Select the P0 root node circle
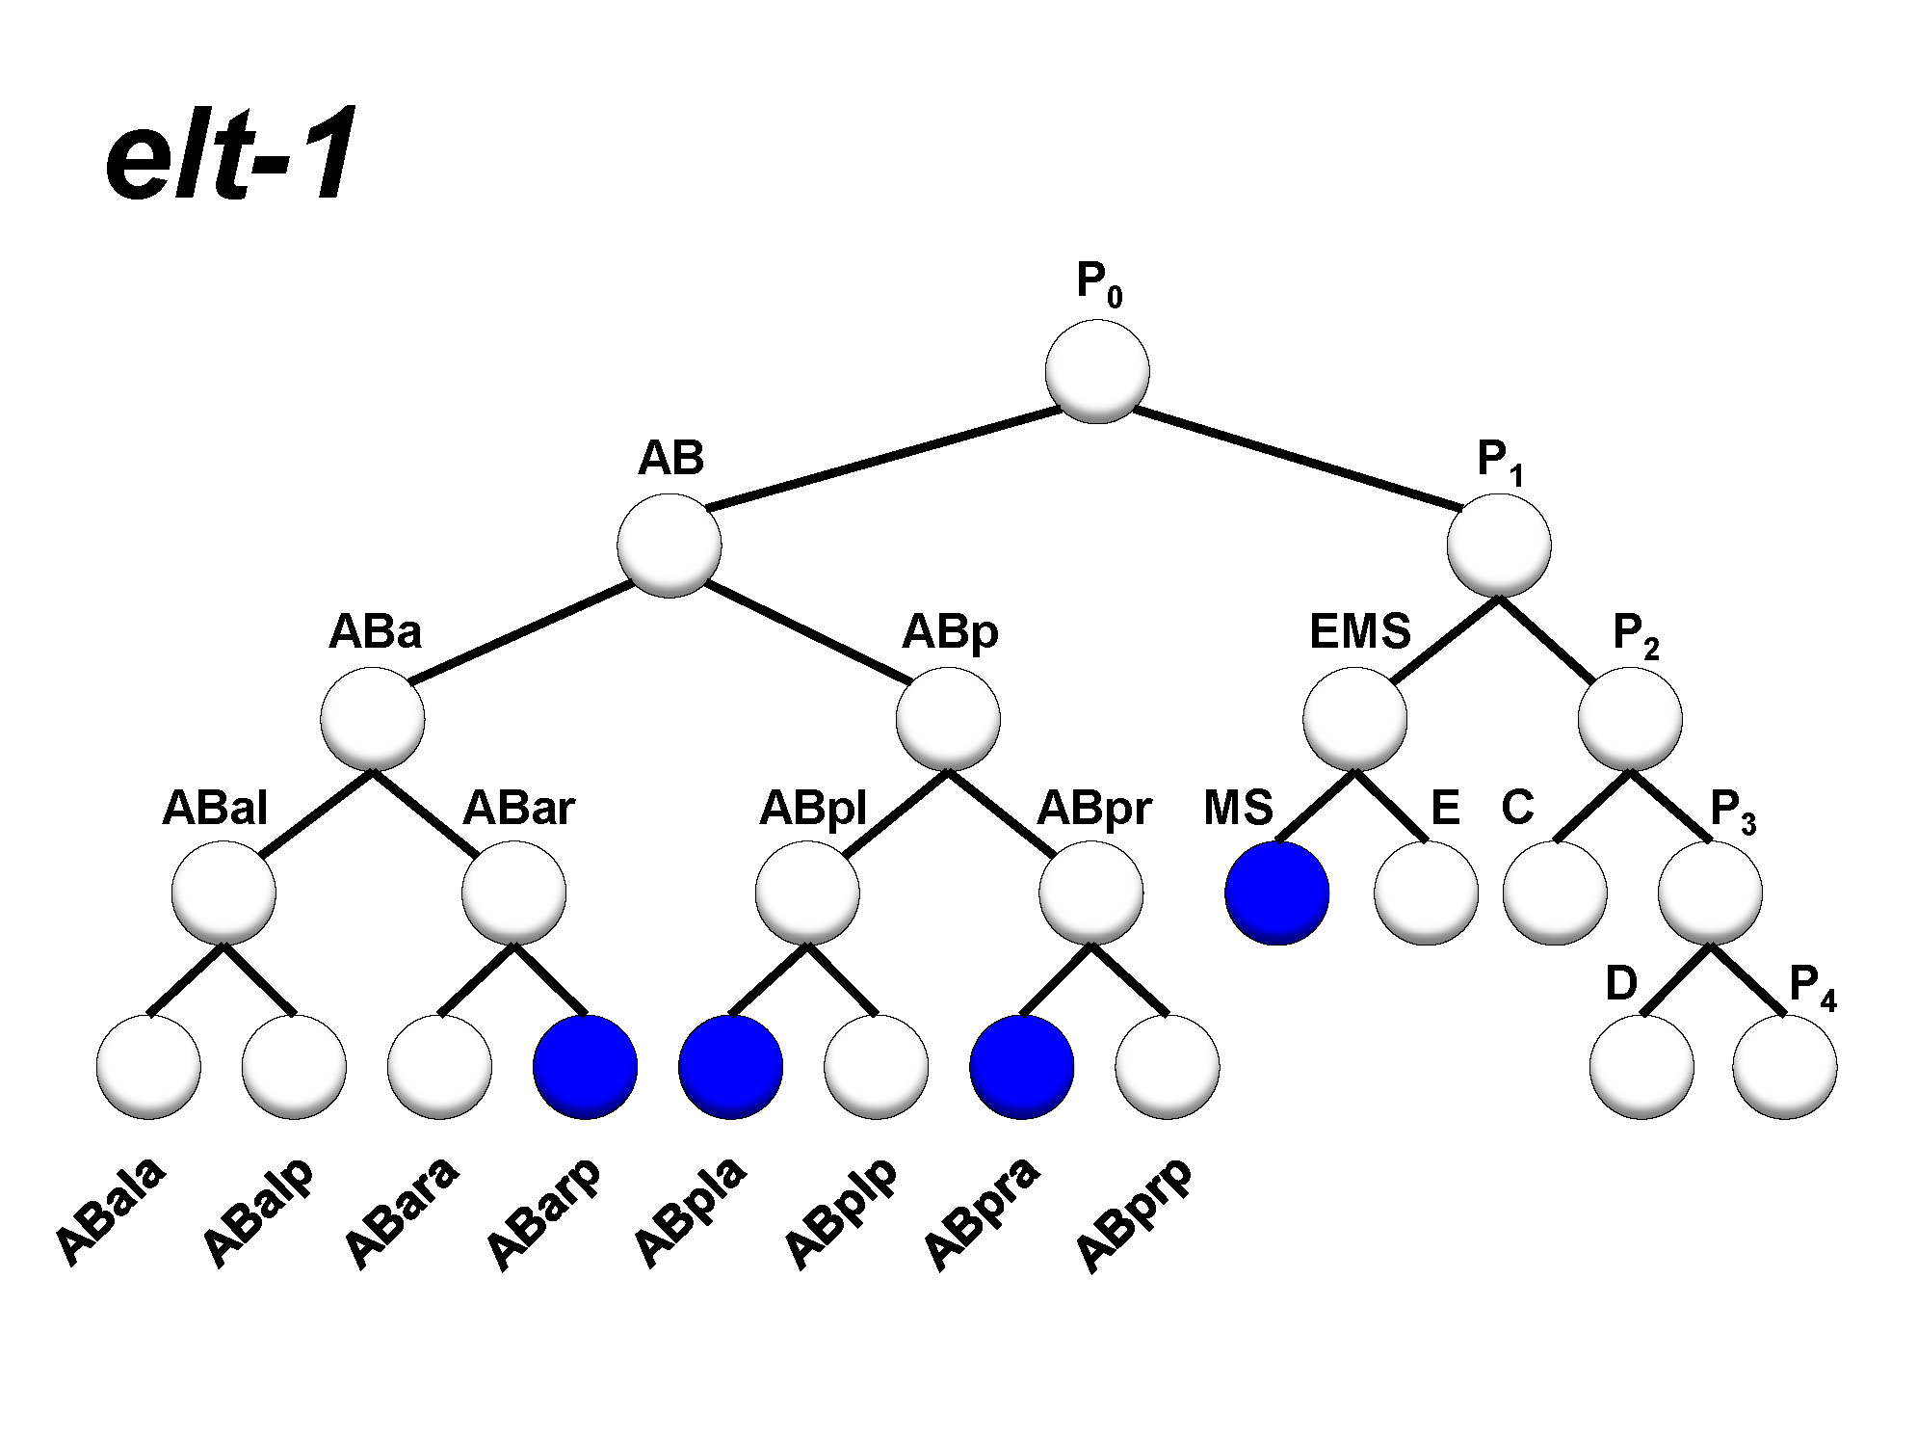pyautogui.click(x=1097, y=371)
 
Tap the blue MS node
pyautogui.click(x=1276, y=893)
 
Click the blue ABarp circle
pyautogui.click(x=585, y=1066)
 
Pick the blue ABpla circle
pyautogui.click(x=730, y=1066)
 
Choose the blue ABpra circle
pyautogui.click(x=1021, y=1066)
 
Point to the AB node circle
pyautogui.click(x=670, y=545)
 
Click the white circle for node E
pyautogui.click(x=1426, y=893)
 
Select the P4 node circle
pyautogui.click(x=1784, y=1066)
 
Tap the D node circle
pyautogui.click(x=1641, y=1066)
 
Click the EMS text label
pyautogui.click(x=1359, y=632)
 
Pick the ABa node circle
pyautogui.click(x=373, y=719)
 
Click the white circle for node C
pyautogui.click(x=1555, y=893)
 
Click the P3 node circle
pyautogui.click(x=1710, y=893)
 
